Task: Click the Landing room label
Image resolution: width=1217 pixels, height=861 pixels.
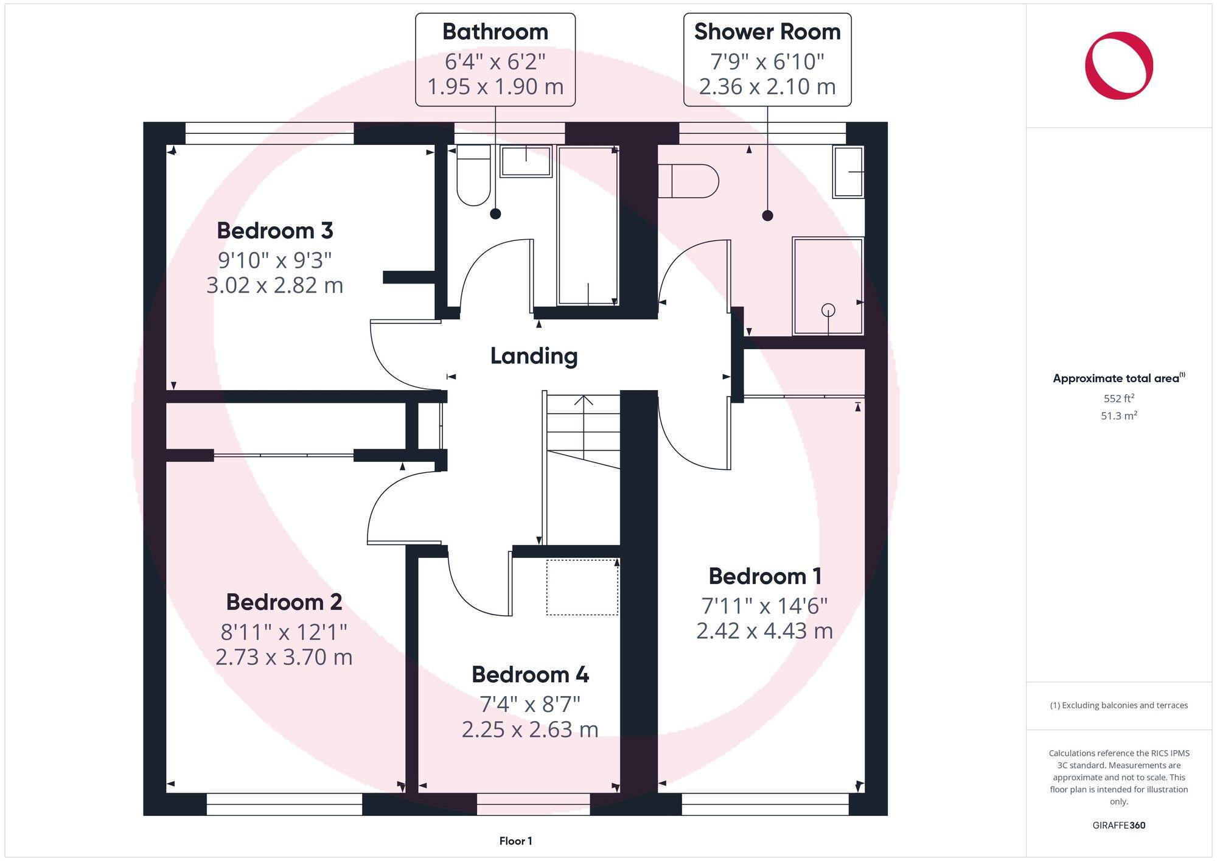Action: [534, 356]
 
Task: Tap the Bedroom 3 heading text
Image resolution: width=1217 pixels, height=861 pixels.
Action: [275, 231]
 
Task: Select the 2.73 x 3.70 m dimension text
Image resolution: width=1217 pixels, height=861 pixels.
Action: [284, 657]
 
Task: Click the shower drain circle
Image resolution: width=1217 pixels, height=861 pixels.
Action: [828, 310]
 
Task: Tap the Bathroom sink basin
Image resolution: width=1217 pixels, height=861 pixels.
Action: [526, 161]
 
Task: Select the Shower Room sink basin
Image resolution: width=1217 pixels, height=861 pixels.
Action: [848, 172]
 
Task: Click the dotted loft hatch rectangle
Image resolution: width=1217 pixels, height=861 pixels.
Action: [582, 587]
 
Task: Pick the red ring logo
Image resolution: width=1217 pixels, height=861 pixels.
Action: [1118, 66]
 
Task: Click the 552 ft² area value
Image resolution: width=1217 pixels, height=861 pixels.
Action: [1118, 399]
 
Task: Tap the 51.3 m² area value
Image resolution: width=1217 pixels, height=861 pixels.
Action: [1118, 416]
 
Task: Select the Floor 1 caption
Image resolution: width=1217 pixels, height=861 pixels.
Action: [515, 841]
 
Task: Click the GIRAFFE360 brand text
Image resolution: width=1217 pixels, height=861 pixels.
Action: [1118, 826]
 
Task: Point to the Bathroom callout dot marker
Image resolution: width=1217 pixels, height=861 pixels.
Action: [495, 214]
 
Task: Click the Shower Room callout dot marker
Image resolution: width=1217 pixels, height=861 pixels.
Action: [767, 215]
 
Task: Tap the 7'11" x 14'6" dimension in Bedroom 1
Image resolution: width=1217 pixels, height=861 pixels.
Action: [764, 606]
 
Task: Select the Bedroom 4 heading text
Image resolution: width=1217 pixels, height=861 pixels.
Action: [530, 674]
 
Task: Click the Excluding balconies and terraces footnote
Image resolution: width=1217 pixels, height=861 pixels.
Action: [1118, 705]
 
